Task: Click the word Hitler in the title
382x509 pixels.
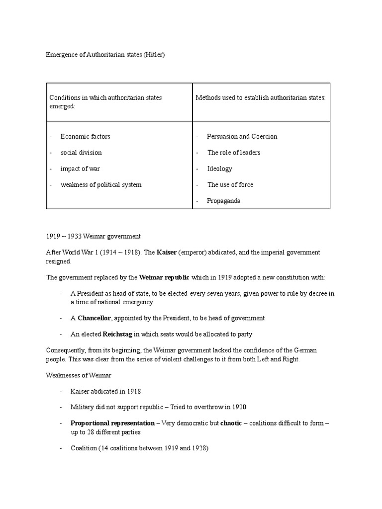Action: tap(153, 55)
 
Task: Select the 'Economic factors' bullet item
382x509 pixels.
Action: tap(85, 136)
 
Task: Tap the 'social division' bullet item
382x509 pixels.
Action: tap(81, 153)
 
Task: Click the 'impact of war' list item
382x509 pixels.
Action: tap(80, 169)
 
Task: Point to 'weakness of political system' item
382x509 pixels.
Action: tap(101, 184)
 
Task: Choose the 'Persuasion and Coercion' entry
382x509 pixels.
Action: tap(242, 136)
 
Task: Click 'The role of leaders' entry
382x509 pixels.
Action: tap(234, 153)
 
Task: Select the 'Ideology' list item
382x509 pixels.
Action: tap(220, 169)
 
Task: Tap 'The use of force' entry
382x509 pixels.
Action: tap(230, 184)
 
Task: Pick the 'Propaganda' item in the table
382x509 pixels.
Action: tap(224, 201)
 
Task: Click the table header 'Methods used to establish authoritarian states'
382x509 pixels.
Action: tap(260, 98)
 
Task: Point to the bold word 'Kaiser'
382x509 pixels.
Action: tap(167, 253)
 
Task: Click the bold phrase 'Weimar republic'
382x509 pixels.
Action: tap(164, 277)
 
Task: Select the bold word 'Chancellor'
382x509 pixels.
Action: tap(97, 318)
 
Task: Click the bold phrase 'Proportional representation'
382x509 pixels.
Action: tap(112, 424)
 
